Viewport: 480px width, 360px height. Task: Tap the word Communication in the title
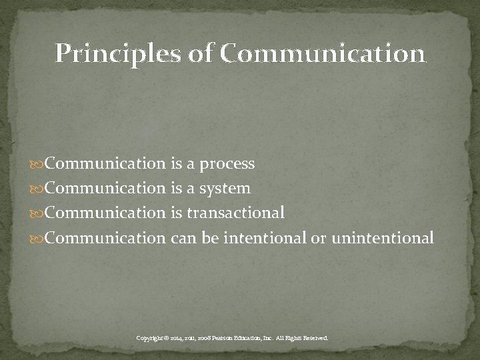(322, 53)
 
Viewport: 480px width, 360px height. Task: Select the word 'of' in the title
(199, 53)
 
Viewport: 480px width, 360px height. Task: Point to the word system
(225, 189)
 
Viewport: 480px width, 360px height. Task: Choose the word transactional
(236, 213)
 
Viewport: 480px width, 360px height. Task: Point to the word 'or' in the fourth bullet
(318, 238)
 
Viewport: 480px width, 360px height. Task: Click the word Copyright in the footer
(151, 339)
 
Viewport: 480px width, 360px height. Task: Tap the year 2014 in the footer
(177, 339)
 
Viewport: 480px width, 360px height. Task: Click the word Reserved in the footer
(315, 339)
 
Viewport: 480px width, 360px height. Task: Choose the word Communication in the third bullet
(105, 213)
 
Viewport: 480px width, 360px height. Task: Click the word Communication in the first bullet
(105, 164)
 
